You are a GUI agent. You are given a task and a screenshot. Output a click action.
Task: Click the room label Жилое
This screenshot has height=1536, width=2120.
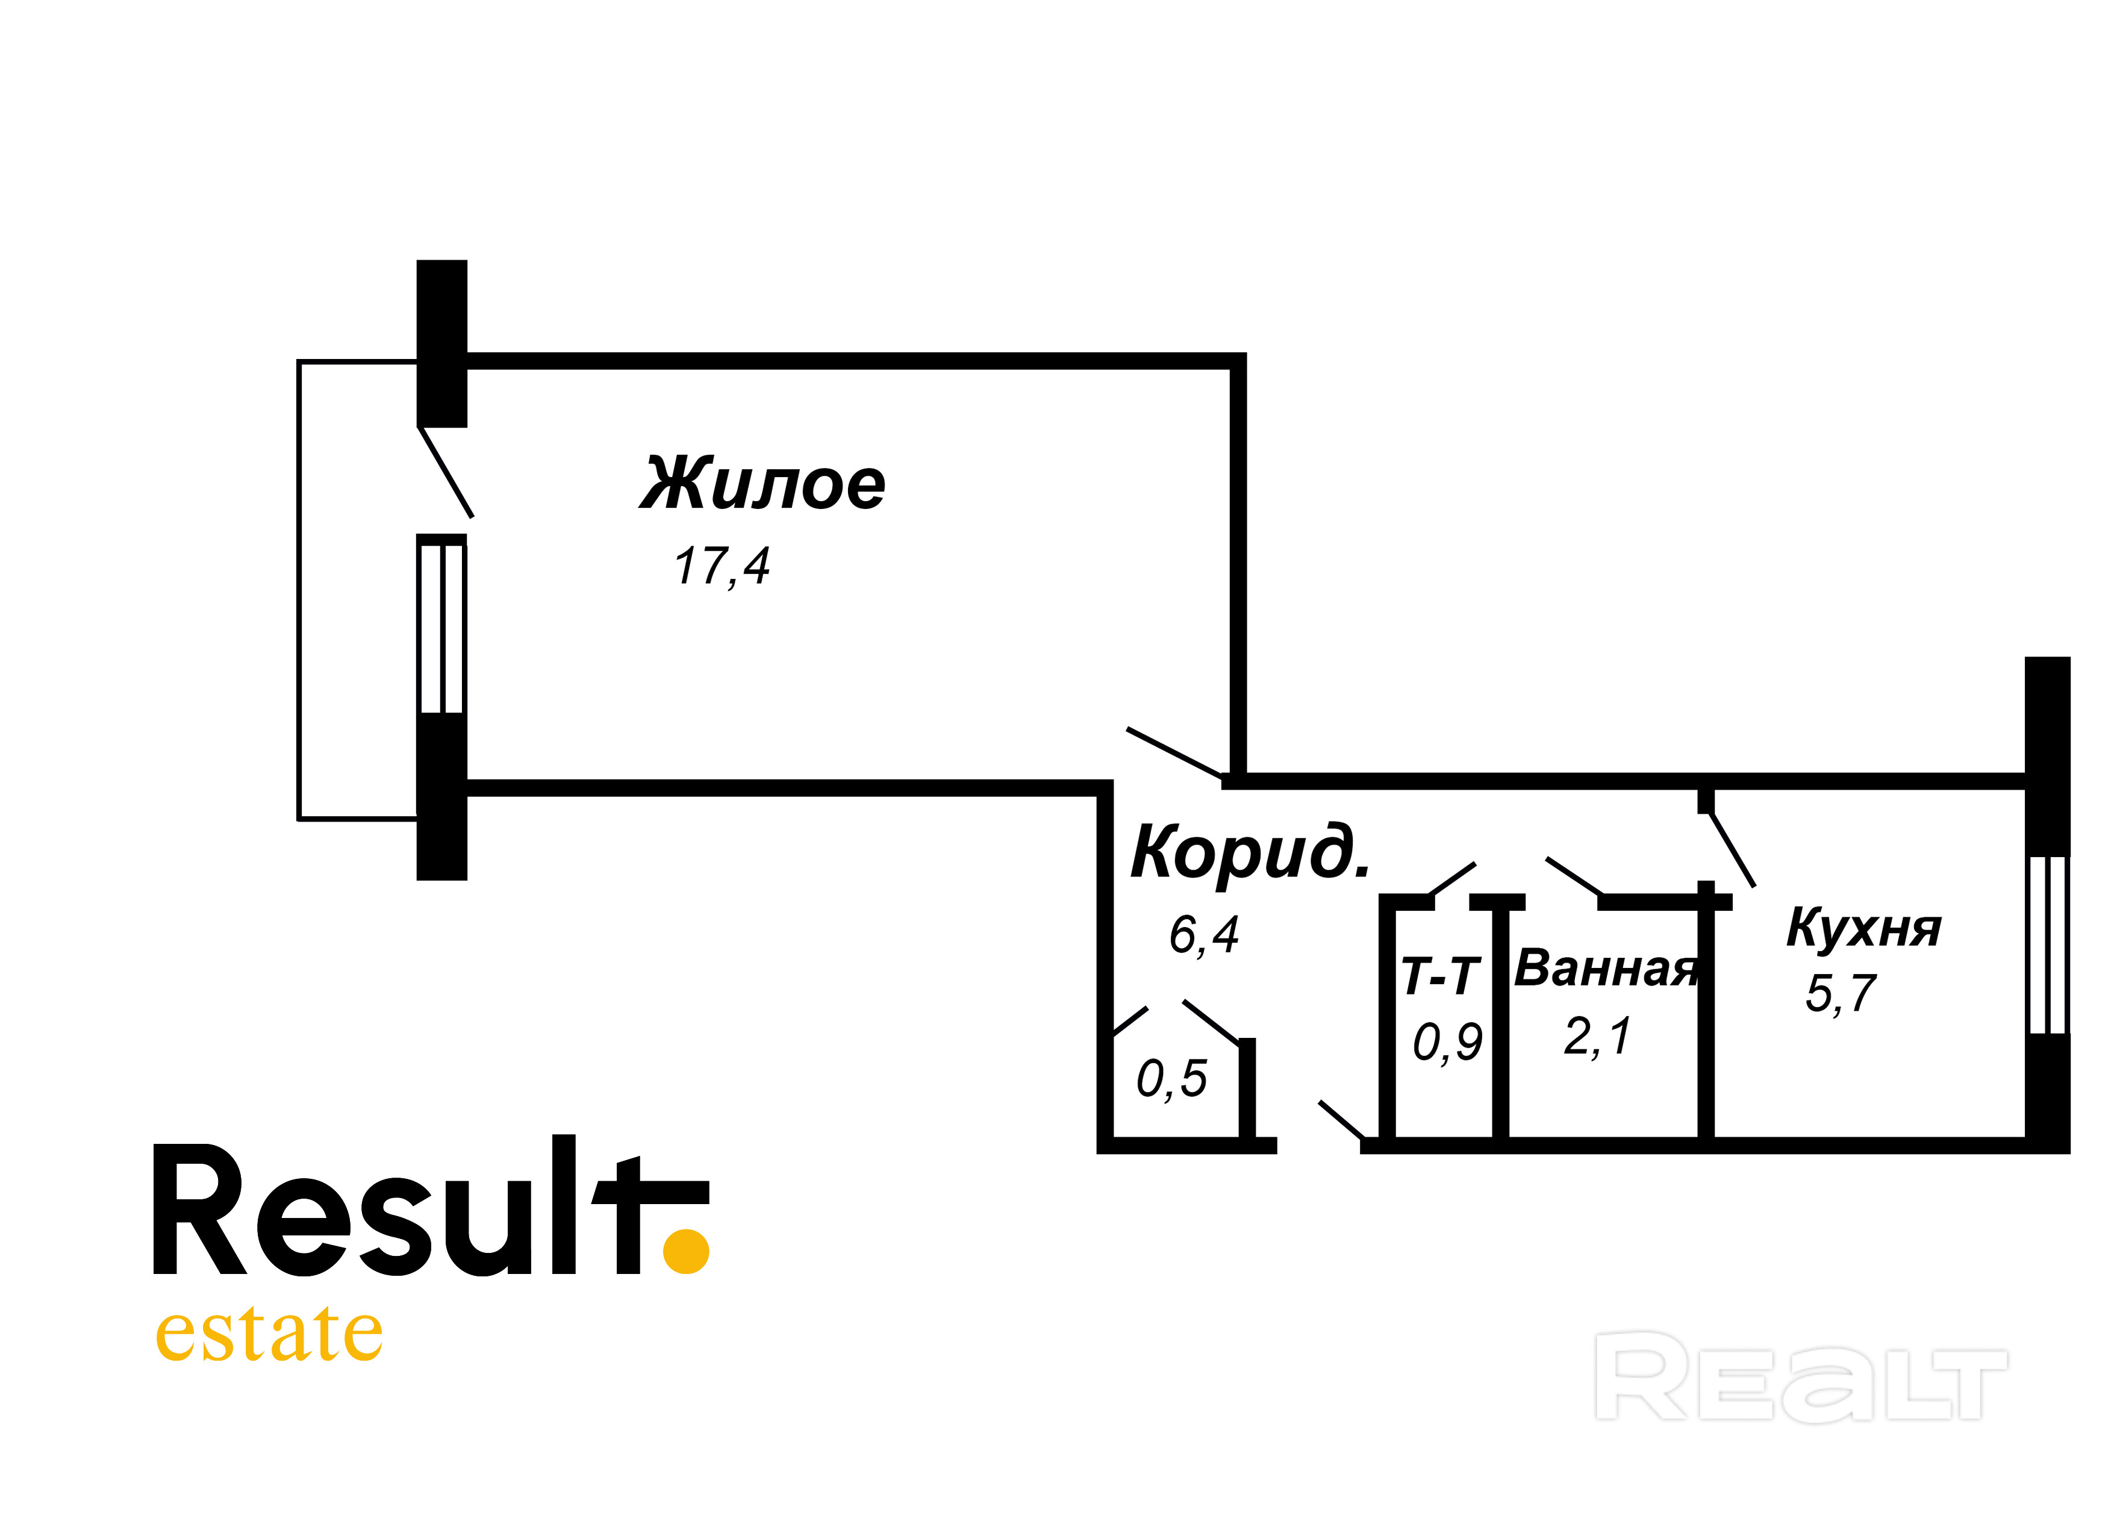tap(762, 484)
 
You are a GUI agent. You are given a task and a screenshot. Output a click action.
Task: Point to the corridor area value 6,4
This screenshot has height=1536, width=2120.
tap(1204, 934)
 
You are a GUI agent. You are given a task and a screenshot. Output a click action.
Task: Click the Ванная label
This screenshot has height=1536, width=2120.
tap(1605, 969)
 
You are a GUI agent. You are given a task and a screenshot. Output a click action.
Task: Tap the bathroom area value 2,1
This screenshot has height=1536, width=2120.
tap(1597, 1036)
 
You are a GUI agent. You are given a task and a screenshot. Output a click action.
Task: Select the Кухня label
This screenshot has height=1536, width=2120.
tap(1863, 928)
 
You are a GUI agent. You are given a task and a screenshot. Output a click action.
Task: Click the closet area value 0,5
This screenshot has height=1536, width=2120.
tap(1172, 1078)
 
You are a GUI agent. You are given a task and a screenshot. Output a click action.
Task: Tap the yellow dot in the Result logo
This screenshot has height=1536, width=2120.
tap(685, 1251)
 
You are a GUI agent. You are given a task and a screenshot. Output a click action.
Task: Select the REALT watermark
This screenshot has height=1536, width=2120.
tap(1800, 1377)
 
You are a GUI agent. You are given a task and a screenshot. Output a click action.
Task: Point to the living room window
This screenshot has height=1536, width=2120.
tap(441, 628)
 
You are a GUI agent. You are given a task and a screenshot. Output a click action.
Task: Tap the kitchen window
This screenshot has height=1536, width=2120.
tap(2047, 944)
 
